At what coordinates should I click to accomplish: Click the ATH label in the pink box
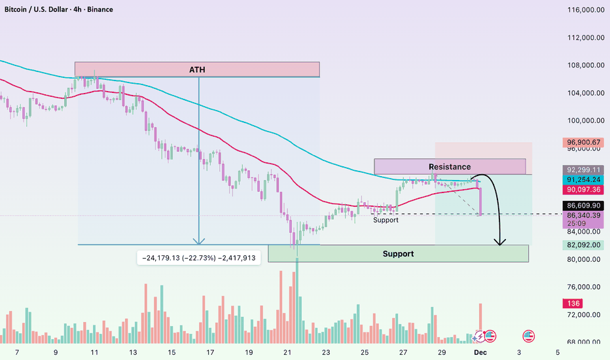point(197,69)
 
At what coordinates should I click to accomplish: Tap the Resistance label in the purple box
point(450,167)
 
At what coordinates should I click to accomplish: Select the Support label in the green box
point(398,253)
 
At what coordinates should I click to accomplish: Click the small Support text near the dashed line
point(386,220)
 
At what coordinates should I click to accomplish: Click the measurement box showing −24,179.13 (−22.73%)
point(198,258)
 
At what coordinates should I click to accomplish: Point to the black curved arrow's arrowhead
point(500,243)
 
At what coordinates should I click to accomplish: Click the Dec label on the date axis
point(480,352)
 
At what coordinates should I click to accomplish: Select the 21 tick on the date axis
point(287,352)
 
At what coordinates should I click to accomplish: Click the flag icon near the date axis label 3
point(528,336)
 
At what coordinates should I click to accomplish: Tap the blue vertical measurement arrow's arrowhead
point(199,242)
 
